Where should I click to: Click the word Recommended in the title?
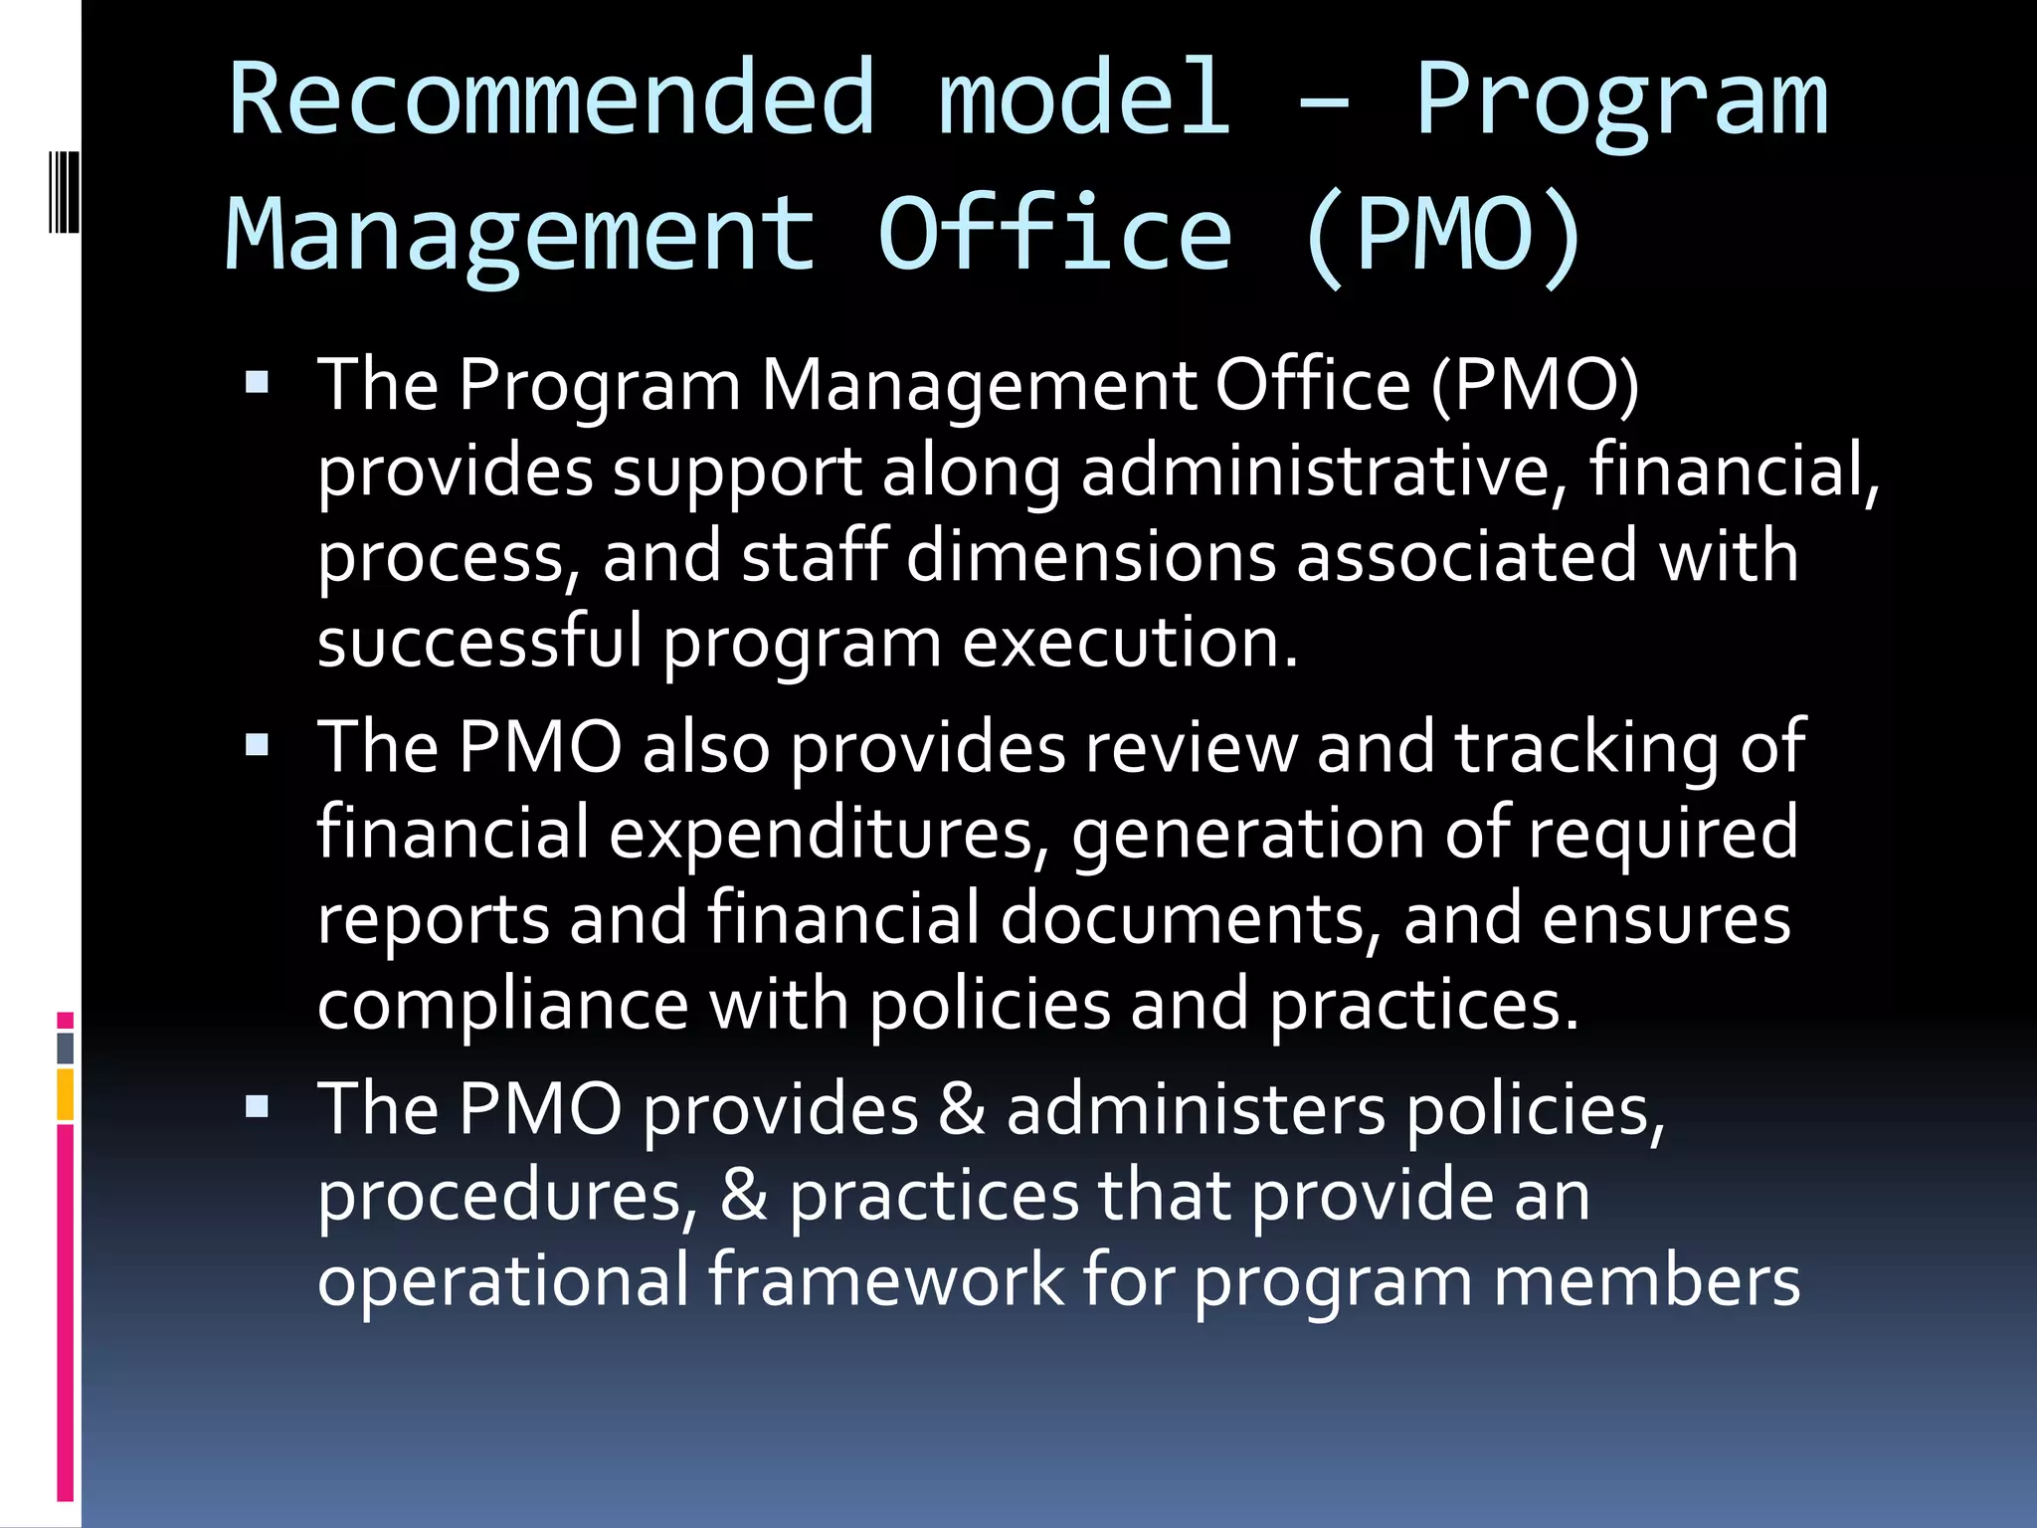point(552,98)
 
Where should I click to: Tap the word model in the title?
point(1085,98)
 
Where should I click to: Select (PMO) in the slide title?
point(1443,236)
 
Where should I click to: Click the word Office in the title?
point(1055,236)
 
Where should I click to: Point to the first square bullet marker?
point(257,383)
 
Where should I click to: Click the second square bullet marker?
point(257,745)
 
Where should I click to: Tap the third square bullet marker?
point(257,1107)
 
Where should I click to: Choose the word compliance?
point(502,1006)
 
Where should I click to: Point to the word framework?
point(886,1280)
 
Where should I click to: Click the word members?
point(1646,1280)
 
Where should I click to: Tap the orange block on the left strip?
point(66,1094)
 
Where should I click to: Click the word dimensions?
point(1090,556)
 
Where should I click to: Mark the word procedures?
point(508,1196)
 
